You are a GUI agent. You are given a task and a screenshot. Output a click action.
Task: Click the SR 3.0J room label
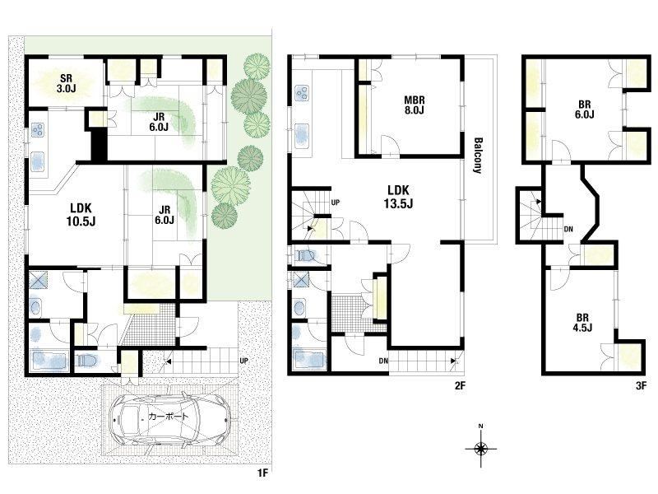[x=66, y=83]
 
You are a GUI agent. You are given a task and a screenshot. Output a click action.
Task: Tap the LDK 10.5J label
[x=81, y=214]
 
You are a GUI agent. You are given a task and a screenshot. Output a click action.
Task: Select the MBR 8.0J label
[x=415, y=105]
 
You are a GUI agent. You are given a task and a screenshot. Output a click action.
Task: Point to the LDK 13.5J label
[x=399, y=197]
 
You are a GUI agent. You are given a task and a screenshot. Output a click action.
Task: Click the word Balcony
[x=478, y=156]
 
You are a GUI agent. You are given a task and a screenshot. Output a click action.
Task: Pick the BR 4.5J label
[x=582, y=323]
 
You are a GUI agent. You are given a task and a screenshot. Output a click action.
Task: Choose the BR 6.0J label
[x=584, y=110]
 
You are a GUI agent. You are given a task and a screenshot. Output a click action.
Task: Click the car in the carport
[x=170, y=418]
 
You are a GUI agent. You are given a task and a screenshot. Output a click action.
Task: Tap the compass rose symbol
[x=481, y=448]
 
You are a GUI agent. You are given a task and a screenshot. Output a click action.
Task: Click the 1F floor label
[x=262, y=473]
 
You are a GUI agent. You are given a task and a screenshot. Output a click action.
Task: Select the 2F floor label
[x=460, y=385]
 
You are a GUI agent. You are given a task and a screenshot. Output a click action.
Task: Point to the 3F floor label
[x=641, y=385]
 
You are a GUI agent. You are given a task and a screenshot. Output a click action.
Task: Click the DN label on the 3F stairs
[x=568, y=230]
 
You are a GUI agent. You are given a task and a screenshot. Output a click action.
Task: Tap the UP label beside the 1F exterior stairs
[x=243, y=361]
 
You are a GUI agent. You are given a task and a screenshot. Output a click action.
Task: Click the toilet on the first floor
[x=87, y=361]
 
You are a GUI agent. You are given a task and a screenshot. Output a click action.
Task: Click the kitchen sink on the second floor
[x=303, y=135]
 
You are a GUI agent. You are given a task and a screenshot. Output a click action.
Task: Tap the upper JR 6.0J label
[x=159, y=122]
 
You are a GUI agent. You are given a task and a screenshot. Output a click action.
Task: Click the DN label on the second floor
[x=383, y=361]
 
